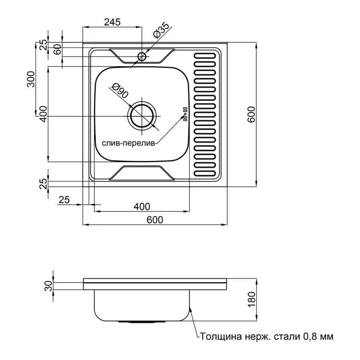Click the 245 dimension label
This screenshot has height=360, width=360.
(x=112, y=22)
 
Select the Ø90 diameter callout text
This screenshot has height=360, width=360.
(x=120, y=90)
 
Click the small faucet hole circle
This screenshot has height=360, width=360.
(x=142, y=56)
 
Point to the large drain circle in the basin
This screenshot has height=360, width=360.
(x=142, y=116)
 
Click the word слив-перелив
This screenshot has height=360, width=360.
(x=128, y=144)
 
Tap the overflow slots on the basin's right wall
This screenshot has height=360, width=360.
(x=185, y=114)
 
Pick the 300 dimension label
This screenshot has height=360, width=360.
(x=31, y=79)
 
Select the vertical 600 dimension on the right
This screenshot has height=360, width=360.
(x=251, y=114)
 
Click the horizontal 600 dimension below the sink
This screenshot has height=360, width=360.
(x=155, y=220)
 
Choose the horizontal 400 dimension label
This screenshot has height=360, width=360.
(x=142, y=206)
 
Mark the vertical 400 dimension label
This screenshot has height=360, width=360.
(x=43, y=114)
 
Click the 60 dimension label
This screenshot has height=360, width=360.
(x=57, y=49)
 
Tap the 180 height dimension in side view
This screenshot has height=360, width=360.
(x=252, y=299)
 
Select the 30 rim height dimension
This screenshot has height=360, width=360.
(x=48, y=286)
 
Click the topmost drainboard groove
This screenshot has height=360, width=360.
(x=205, y=56)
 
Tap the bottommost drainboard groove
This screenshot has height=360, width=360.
(x=205, y=174)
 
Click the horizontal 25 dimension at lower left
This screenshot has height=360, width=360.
(x=64, y=200)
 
